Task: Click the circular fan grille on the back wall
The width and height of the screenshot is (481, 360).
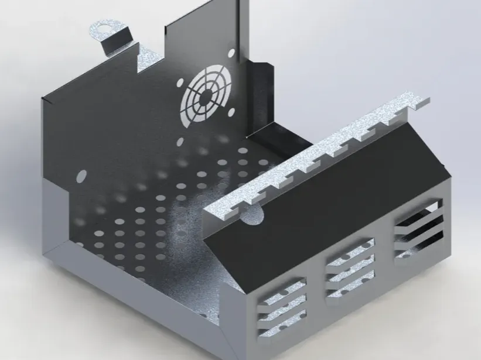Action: click(207, 98)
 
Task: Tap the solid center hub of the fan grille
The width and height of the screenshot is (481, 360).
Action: click(207, 98)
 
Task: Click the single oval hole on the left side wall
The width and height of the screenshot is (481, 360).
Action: click(81, 174)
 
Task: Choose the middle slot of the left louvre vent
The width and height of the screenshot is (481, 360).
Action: click(284, 304)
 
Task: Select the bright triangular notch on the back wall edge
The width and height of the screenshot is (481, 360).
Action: click(144, 59)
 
